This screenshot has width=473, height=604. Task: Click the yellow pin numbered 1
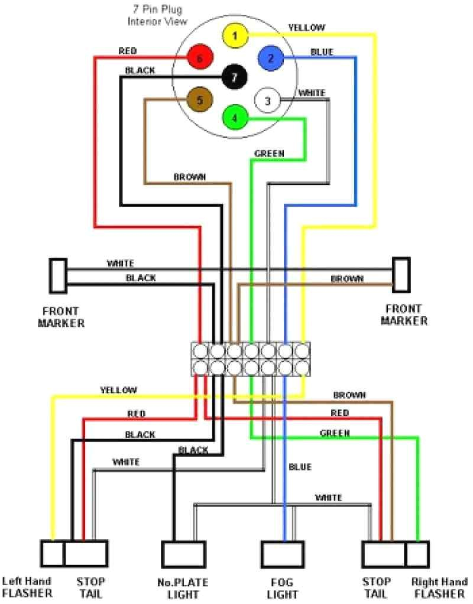coord(235,35)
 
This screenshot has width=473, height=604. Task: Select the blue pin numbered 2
coord(271,58)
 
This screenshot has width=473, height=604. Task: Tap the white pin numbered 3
coord(267,100)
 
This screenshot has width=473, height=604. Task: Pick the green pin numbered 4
coord(235,117)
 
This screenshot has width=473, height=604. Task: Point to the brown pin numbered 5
coord(199,100)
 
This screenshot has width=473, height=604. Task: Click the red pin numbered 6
coord(200,58)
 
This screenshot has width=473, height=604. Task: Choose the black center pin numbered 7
coord(235,77)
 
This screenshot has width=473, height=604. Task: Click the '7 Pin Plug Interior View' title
coord(157,16)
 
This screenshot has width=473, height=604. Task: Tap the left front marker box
coord(58,276)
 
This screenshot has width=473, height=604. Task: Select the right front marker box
coord(402,275)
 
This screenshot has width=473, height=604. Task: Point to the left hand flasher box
coord(52,554)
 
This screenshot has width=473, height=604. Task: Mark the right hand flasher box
coord(417,554)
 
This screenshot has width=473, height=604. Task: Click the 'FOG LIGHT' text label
coord(282,588)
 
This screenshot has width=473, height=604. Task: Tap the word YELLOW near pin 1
coord(307,27)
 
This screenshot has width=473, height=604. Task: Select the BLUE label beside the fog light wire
coord(300,467)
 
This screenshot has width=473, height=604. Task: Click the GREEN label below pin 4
coord(269,154)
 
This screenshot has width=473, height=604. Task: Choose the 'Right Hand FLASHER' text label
coord(439,587)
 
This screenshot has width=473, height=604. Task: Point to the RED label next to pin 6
coord(128,51)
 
